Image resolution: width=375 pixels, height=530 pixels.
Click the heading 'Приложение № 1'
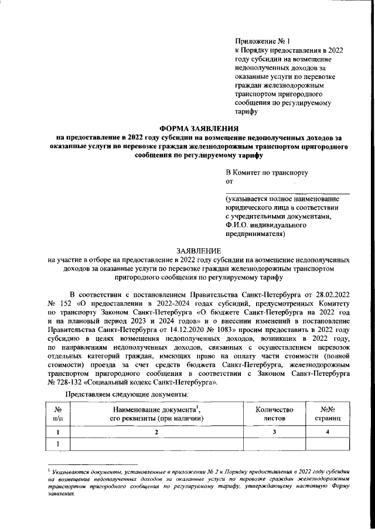254,41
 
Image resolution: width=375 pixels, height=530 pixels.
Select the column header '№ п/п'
58,415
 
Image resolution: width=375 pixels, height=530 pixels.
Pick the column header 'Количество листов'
275,415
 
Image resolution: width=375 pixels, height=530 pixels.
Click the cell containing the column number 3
275,432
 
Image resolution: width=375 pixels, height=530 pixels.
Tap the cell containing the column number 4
328,432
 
